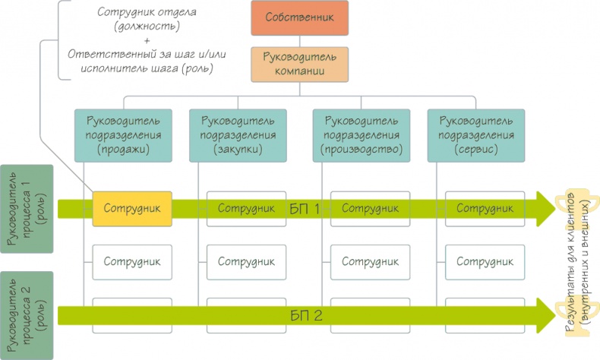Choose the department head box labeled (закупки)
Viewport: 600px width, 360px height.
(237, 135)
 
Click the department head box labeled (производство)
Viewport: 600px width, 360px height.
(361, 135)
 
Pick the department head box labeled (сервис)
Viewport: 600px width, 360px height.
(474, 135)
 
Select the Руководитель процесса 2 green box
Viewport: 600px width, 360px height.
(27, 315)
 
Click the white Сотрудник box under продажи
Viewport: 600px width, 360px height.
(131, 261)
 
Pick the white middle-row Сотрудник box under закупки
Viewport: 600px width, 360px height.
(245, 261)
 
